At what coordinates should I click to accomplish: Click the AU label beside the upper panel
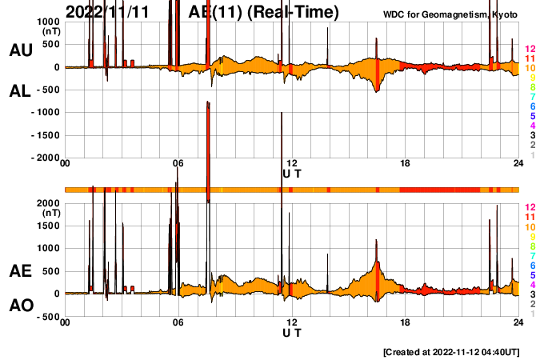(20, 50)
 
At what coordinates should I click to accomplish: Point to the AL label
(20, 91)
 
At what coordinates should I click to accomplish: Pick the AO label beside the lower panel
(20, 306)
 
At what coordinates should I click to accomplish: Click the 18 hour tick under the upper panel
(406, 164)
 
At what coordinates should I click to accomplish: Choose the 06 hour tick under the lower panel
(178, 323)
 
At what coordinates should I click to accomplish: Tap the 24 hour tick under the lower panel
(518, 323)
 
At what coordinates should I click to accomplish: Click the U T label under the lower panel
(292, 332)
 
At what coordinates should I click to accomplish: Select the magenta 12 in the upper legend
(529, 50)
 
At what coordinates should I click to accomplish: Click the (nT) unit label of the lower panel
(50, 214)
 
